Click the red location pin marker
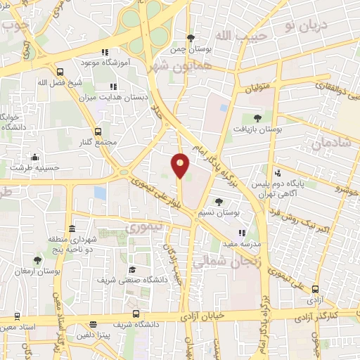(181, 165)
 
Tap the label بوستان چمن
(191, 50)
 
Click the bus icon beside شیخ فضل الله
(60, 72)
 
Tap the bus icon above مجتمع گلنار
(97, 131)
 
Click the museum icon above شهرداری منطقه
(72, 229)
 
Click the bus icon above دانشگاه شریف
(134, 314)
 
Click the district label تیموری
(143, 228)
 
